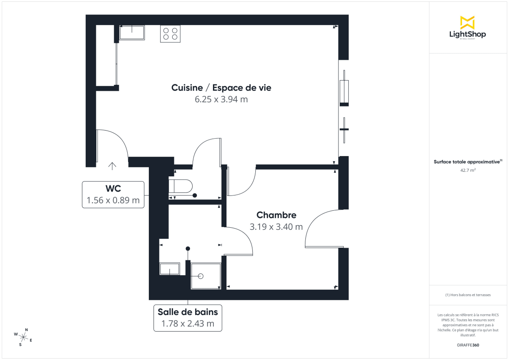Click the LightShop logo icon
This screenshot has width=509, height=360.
tap(467, 22)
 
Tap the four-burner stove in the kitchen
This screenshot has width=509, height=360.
tap(170, 33)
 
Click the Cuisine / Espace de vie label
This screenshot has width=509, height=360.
tap(221, 88)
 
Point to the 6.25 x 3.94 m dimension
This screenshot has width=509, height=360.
tap(221, 100)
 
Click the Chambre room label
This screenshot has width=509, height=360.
tap(276, 215)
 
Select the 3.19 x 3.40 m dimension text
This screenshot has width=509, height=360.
tap(276, 227)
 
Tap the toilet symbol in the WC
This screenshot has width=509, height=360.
tap(181, 186)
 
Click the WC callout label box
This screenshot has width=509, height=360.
tap(113, 195)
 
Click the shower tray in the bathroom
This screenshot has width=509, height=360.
tap(206, 276)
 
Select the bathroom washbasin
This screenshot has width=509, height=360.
tap(170, 269)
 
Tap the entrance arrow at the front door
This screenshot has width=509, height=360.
tap(112, 166)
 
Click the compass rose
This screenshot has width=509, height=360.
tap(23, 338)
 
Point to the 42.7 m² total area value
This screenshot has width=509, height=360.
tap(467, 170)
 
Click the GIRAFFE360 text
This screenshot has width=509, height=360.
tap(467, 345)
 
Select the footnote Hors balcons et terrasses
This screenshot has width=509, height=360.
tap(467, 295)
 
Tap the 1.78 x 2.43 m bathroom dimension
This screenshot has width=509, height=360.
tap(187, 324)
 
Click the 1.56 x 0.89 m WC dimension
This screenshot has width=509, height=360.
tap(113, 200)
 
